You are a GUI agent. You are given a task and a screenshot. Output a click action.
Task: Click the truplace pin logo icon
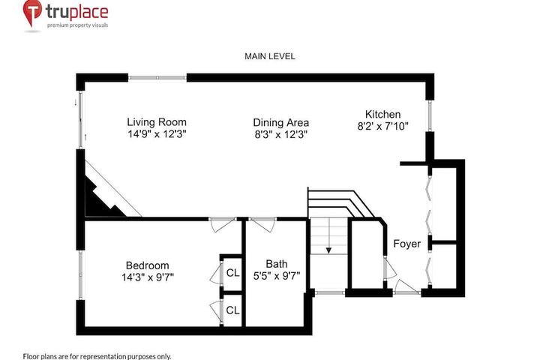click(32, 13)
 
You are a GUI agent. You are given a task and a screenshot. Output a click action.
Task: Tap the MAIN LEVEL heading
click(270, 56)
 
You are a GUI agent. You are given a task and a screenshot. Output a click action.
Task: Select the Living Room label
click(157, 122)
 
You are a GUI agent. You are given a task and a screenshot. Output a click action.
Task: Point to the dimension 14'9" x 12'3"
click(157, 134)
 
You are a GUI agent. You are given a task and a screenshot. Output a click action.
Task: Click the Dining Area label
click(280, 123)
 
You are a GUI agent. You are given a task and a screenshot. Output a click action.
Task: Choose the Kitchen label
click(382, 114)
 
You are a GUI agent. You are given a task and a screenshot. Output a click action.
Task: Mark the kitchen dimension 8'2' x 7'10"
click(382, 127)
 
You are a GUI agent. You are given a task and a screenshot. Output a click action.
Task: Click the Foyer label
click(406, 244)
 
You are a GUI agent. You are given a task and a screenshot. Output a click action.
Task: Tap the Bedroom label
click(148, 265)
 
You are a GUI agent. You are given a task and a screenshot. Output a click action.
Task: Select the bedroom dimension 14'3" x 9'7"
click(148, 277)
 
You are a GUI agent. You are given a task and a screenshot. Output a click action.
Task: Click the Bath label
click(277, 264)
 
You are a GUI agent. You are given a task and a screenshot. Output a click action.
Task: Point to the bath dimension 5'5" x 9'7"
click(277, 275)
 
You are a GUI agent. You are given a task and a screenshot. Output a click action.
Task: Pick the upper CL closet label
click(232, 273)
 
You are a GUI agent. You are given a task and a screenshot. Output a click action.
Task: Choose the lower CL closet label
click(232, 310)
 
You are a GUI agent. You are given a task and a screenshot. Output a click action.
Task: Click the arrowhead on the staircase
click(328, 250)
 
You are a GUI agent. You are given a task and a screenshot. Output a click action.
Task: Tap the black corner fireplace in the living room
click(100, 199)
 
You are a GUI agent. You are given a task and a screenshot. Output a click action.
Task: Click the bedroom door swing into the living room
click(223, 224)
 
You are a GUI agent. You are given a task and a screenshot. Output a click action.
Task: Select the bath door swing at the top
click(262, 224)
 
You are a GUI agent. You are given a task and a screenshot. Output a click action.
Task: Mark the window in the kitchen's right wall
click(430, 115)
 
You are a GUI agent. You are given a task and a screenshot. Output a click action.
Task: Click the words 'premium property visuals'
click(77, 25)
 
